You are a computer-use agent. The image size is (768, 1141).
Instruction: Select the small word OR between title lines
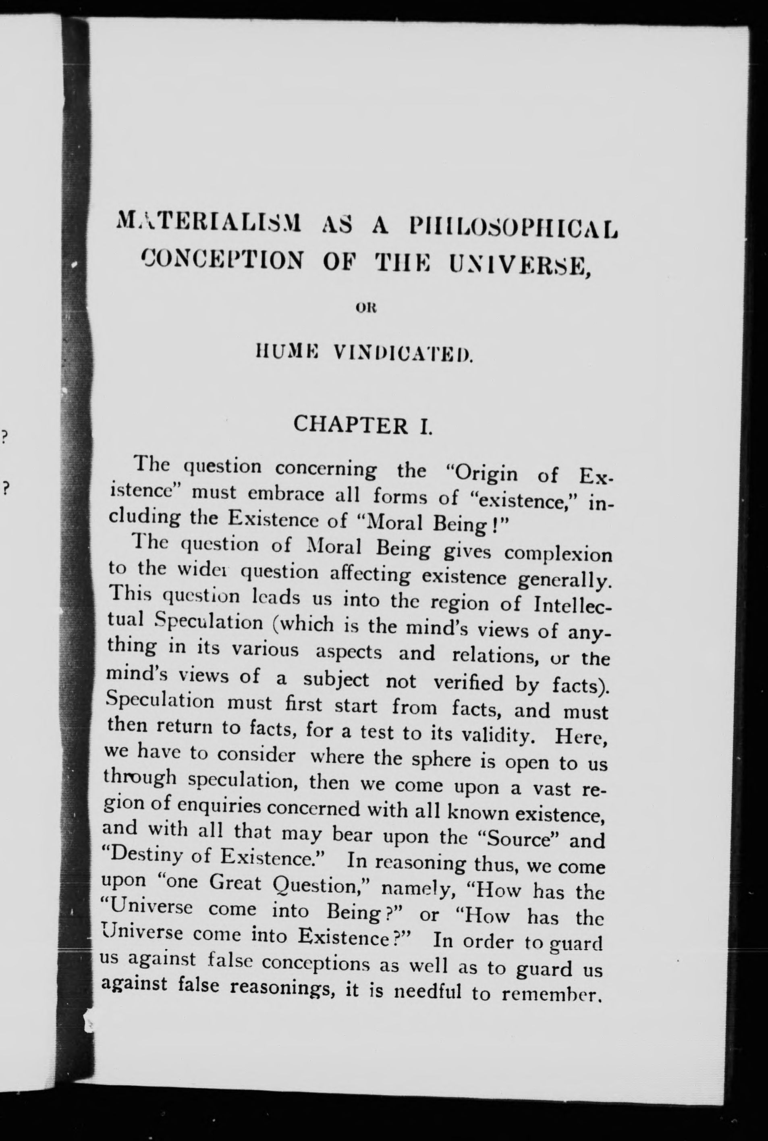click(363, 309)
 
